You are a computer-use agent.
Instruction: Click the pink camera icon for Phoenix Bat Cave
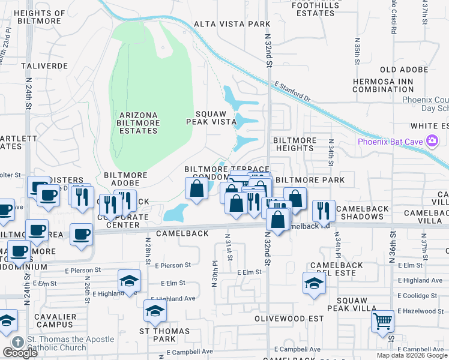[x=432, y=142]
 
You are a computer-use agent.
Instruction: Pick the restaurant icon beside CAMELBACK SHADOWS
[x=324, y=209]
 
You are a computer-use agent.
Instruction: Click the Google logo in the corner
[x=20, y=352]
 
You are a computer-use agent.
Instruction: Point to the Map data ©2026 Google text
[x=412, y=355]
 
